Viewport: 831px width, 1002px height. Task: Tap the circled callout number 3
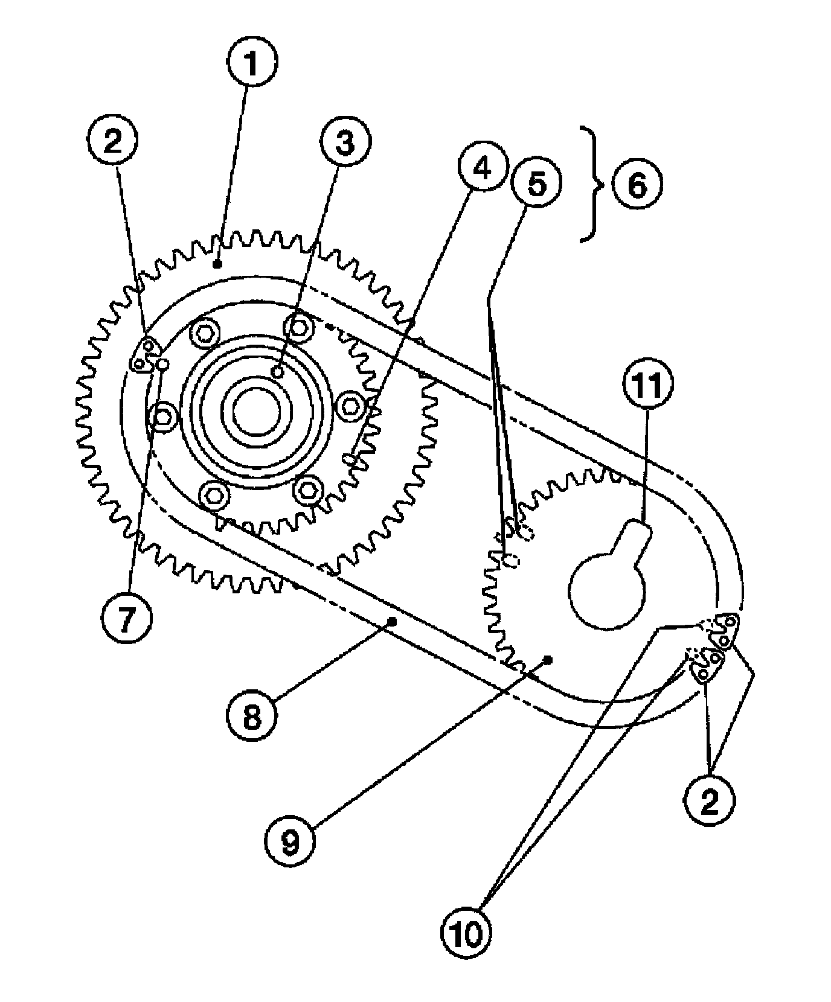(345, 142)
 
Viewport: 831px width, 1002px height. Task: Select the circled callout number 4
(482, 170)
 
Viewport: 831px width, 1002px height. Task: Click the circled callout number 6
(638, 185)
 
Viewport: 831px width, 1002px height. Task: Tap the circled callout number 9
(290, 840)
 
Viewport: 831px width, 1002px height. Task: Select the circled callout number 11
(646, 387)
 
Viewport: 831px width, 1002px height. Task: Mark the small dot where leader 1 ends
(216, 264)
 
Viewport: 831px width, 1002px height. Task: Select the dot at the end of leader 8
(394, 620)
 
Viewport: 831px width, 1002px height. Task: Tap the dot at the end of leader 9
(548, 660)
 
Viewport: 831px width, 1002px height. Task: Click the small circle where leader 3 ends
(278, 372)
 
